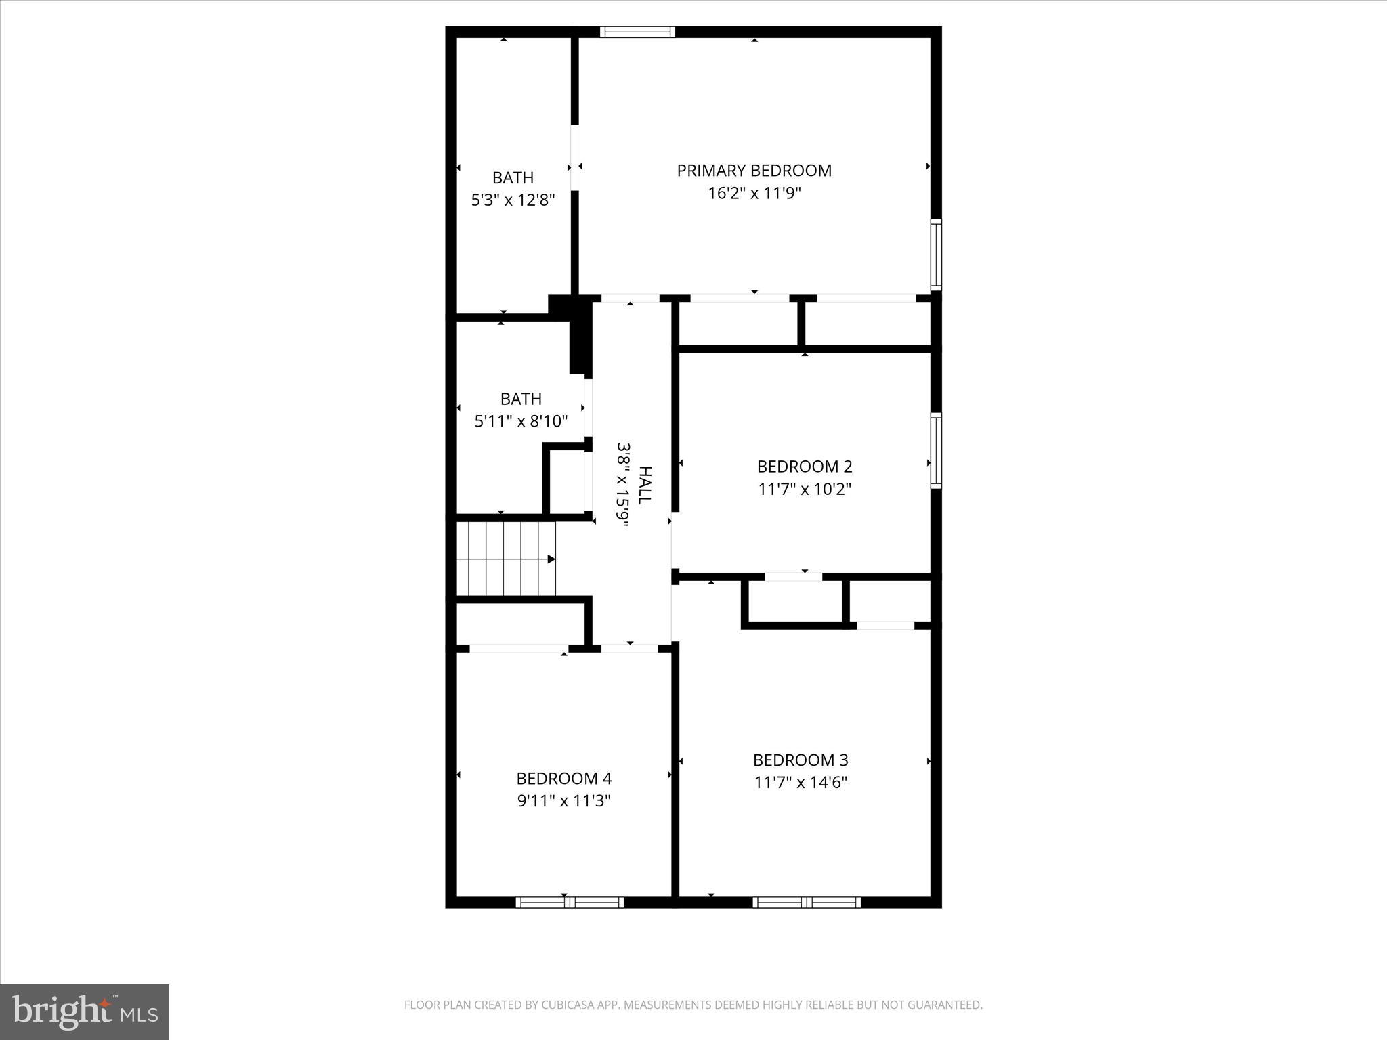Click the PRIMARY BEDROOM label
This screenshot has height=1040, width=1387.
(754, 171)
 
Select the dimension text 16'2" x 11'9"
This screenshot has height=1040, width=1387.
(754, 194)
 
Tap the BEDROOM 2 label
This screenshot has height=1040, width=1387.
(804, 467)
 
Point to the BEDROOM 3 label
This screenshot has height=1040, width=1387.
(801, 760)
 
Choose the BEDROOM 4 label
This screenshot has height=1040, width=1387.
(563, 779)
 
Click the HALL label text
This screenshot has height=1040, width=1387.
(645, 484)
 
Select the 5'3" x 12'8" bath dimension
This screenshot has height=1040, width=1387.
(513, 200)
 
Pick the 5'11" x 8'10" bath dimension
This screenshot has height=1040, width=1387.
(520, 421)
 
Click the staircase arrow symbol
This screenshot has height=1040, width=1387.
(551, 559)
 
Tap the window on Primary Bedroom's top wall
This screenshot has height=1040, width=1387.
(637, 32)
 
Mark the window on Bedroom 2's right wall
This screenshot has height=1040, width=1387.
(936, 450)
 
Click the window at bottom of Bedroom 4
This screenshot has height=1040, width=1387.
(570, 902)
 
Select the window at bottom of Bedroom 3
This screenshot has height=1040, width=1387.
(806, 902)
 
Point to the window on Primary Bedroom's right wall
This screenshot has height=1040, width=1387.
(936, 255)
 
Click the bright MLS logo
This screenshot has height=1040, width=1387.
(84, 1012)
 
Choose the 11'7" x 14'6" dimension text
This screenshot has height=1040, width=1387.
(801, 783)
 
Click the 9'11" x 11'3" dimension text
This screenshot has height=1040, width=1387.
(563, 801)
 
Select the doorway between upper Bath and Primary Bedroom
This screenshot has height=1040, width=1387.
(575, 158)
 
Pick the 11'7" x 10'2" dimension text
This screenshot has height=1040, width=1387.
(804, 489)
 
